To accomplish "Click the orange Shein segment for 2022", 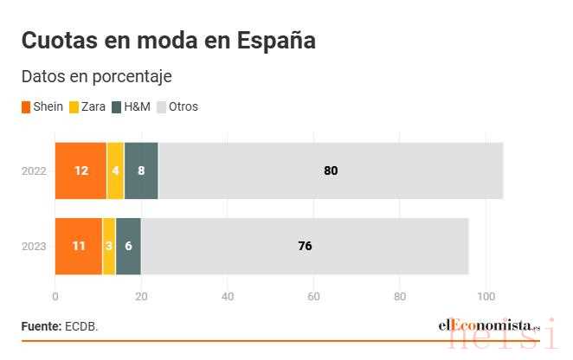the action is [80, 170].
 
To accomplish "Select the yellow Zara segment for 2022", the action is [115, 170].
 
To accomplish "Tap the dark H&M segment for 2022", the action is [141, 170].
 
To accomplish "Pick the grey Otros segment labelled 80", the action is [331, 170].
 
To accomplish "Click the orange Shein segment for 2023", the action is [79, 246].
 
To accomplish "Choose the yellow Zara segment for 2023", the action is [109, 246].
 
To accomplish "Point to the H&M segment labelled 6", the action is [128, 246].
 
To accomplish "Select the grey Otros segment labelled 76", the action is [305, 246].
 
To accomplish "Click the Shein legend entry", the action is [42, 106].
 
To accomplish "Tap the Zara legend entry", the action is [87, 106].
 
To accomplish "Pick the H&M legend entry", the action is [131, 106].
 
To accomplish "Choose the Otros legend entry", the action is [177, 106].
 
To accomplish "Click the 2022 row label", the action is [34, 171].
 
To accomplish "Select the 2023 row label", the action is [34, 247].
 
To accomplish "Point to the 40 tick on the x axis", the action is [228, 297].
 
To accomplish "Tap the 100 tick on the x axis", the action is [486, 297].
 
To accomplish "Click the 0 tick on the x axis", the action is [55, 297].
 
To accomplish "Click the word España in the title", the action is [276, 40].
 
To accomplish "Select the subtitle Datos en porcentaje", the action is [97, 77].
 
